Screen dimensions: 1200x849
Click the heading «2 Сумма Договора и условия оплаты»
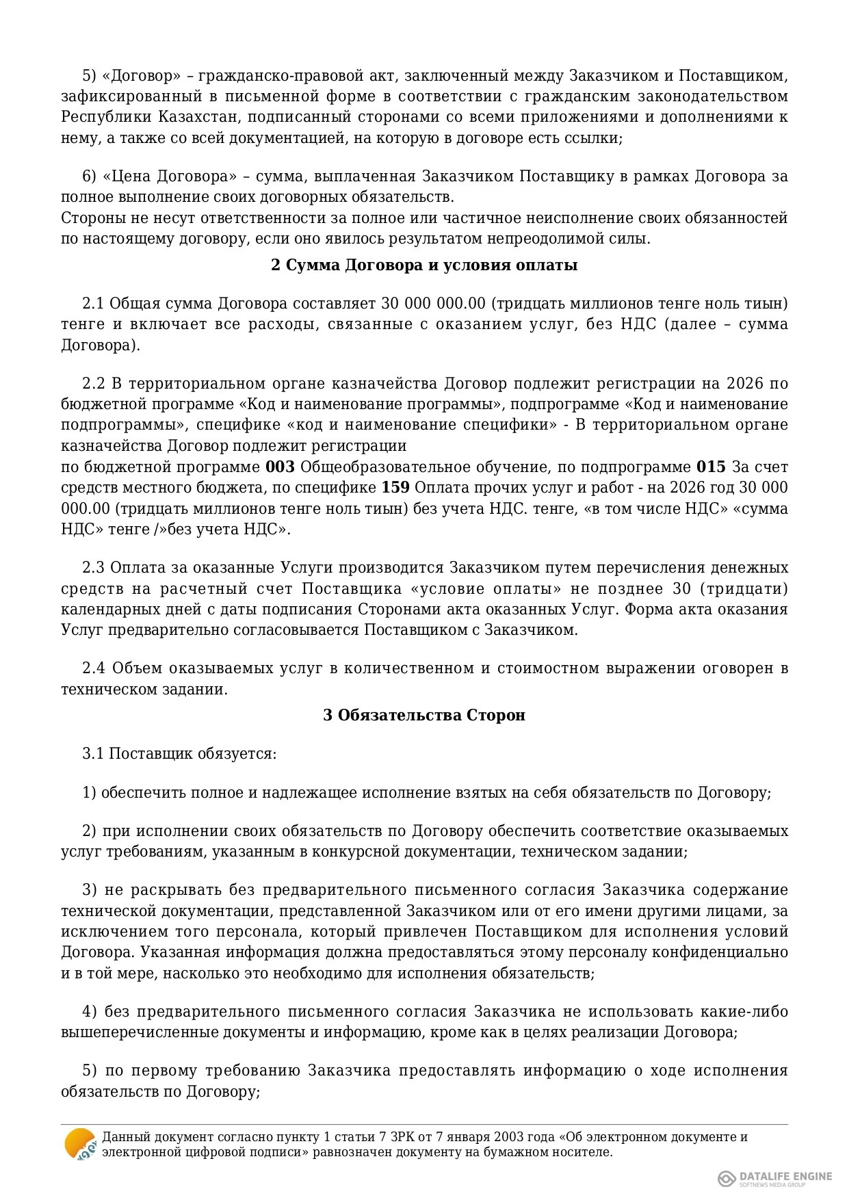point(424,265)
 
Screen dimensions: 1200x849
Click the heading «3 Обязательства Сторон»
point(424,716)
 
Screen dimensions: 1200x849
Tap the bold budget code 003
point(280,467)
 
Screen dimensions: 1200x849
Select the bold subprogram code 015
point(711,467)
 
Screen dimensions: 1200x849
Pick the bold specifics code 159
point(395,488)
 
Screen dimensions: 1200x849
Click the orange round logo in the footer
point(80,1145)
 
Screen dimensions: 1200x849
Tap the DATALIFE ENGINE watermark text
point(785,1176)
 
